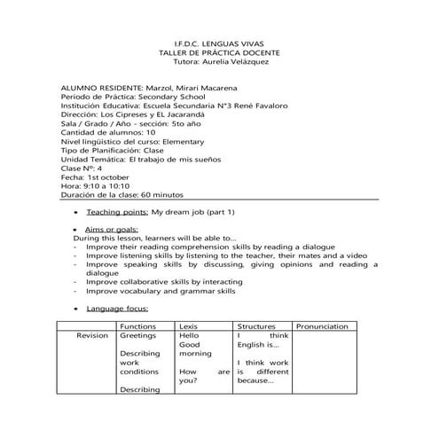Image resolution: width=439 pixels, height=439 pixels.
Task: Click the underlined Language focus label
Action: pyautogui.click(x=117, y=309)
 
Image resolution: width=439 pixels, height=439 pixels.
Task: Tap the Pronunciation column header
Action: pyautogui.click(x=321, y=327)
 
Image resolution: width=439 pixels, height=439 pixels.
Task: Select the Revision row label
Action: pyautogui.click(x=92, y=337)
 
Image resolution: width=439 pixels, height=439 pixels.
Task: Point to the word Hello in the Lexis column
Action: pyautogui.click(x=187, y=337)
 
